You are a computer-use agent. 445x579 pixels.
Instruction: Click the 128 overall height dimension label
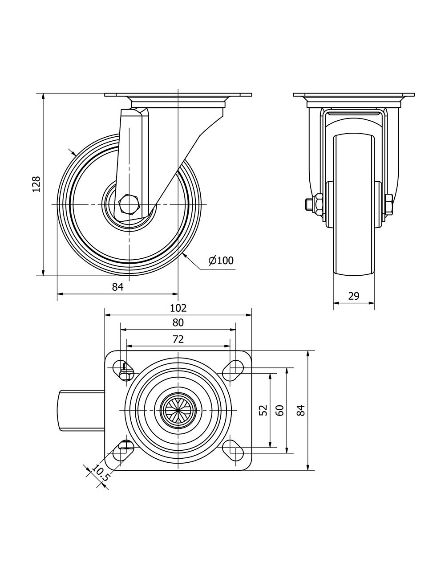pos(37,184)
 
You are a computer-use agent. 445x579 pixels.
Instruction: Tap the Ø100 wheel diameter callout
pos(221,261)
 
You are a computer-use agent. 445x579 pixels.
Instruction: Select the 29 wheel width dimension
pos(354,296)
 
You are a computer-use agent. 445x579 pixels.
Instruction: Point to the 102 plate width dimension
pos(178,308)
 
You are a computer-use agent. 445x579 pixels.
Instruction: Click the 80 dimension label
pos(178,322)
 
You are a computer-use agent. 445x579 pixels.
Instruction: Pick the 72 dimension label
pos(178,339)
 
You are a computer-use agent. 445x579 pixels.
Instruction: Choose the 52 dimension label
pos(263,410)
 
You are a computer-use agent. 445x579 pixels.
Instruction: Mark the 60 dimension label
pos(280,410)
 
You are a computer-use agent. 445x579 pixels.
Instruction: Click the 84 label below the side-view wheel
pos(117,287)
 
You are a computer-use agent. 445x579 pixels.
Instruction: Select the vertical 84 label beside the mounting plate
pos(301,410)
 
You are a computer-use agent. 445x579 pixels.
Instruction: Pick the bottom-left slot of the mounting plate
pos(124,451)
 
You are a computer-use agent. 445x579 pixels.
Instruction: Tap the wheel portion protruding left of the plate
pos(81,410)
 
